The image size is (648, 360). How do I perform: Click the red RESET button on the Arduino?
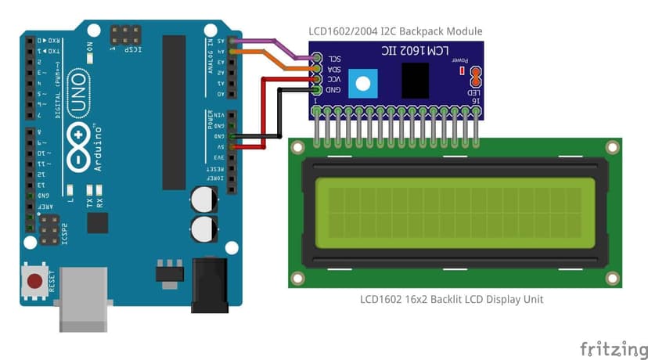34,280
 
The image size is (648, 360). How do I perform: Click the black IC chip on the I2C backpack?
414,80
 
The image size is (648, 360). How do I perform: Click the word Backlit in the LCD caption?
439,299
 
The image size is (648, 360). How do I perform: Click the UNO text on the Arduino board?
77,92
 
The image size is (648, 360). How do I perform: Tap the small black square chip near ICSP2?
98,222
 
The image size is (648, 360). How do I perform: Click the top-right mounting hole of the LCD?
611,147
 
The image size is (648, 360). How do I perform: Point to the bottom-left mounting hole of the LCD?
297,278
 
